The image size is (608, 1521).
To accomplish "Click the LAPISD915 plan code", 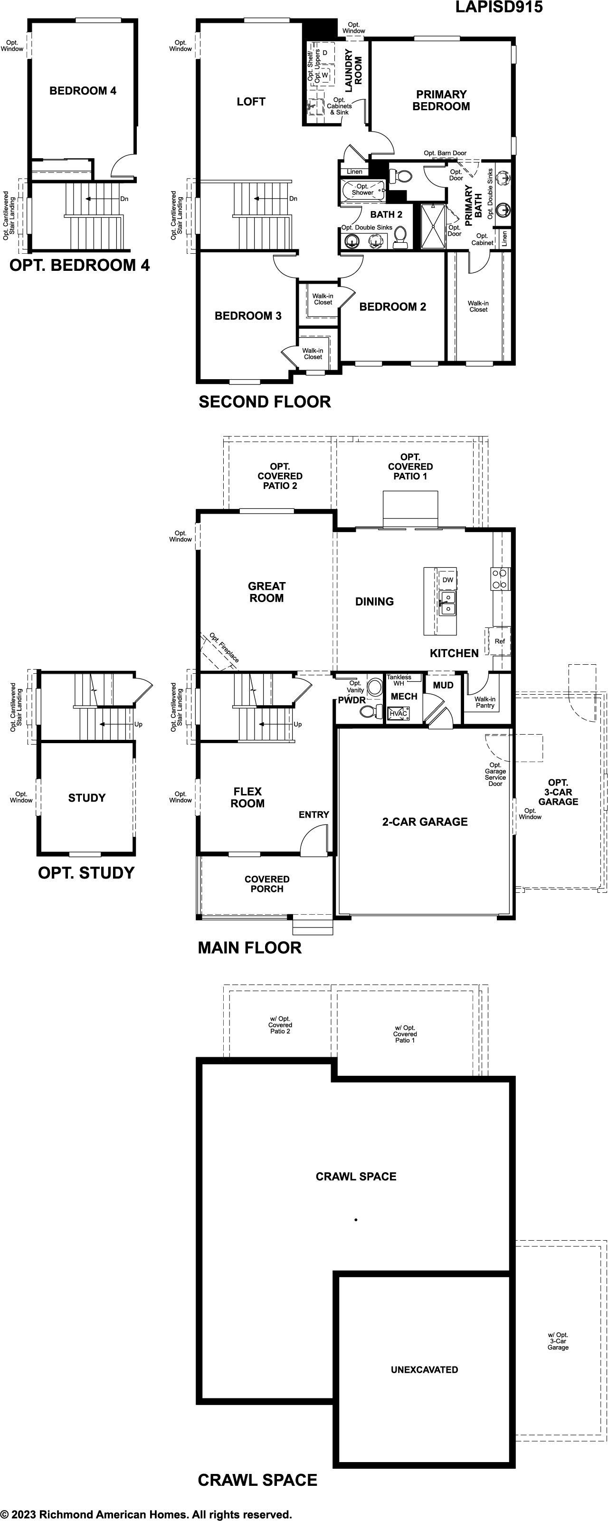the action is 499,7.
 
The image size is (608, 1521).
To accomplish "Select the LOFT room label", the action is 251,102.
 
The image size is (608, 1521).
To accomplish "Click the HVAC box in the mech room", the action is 399,713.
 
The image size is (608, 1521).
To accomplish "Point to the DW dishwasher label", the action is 448,580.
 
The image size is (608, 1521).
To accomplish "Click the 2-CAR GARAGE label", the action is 425,821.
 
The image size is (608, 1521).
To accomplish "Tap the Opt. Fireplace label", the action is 224,648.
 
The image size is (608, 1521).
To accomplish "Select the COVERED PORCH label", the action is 267,884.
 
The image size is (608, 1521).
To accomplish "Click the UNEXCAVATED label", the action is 425,1369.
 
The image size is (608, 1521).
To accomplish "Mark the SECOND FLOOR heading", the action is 265,402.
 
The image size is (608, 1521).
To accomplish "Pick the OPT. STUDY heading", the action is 86,873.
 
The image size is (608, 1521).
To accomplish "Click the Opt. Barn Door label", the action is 445,153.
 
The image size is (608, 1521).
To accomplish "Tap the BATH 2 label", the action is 386,214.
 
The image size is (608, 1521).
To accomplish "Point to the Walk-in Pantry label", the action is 485,702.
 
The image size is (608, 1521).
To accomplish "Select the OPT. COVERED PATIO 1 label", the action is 410,467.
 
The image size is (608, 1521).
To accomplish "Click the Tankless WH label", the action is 399,680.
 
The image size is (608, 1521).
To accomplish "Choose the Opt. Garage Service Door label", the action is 495,774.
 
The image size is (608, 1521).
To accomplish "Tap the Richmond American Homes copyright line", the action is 146,1514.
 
